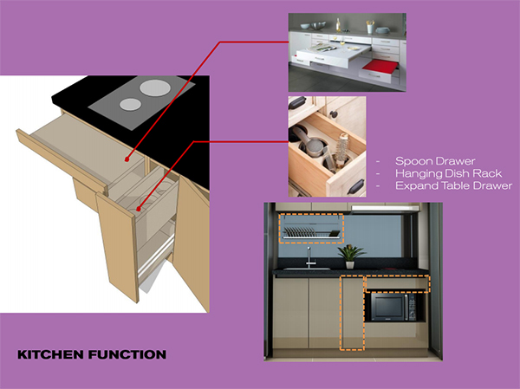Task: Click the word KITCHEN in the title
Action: [50, 354]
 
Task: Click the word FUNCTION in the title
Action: [127, 354]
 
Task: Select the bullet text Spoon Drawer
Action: [435, 161]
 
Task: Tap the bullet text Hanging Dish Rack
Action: [448, 173]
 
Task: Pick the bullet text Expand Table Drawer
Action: [453, 185]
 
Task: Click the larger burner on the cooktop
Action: [155, 88]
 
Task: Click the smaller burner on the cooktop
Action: [130, 105]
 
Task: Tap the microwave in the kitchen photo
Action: [393, 307]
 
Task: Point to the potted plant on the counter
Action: [350, 256]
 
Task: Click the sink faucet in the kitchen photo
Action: [309, 257]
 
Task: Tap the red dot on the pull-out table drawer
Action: [127, 159]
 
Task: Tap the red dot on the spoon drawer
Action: [138, 209]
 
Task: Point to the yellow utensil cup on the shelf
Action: [370, 27]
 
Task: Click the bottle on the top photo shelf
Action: [338, 25]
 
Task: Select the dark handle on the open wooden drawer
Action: [356, 187]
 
